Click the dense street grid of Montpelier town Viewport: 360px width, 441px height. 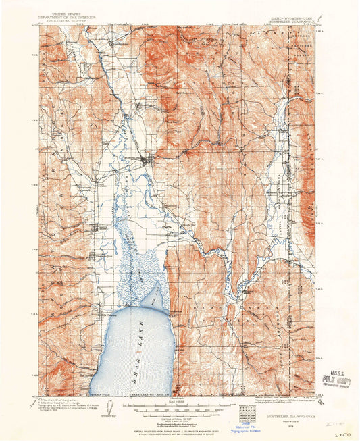(x=146, y=160)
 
